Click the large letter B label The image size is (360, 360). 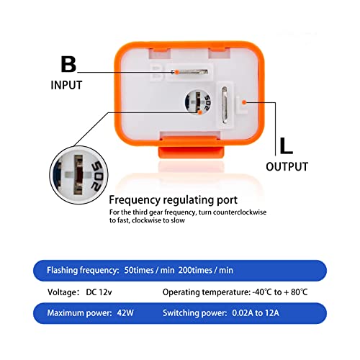(68, 65)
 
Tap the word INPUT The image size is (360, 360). (66, 86)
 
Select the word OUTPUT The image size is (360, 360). (287, 167)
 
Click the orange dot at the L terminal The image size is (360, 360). (245, 102)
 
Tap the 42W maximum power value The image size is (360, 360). (126, 314)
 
